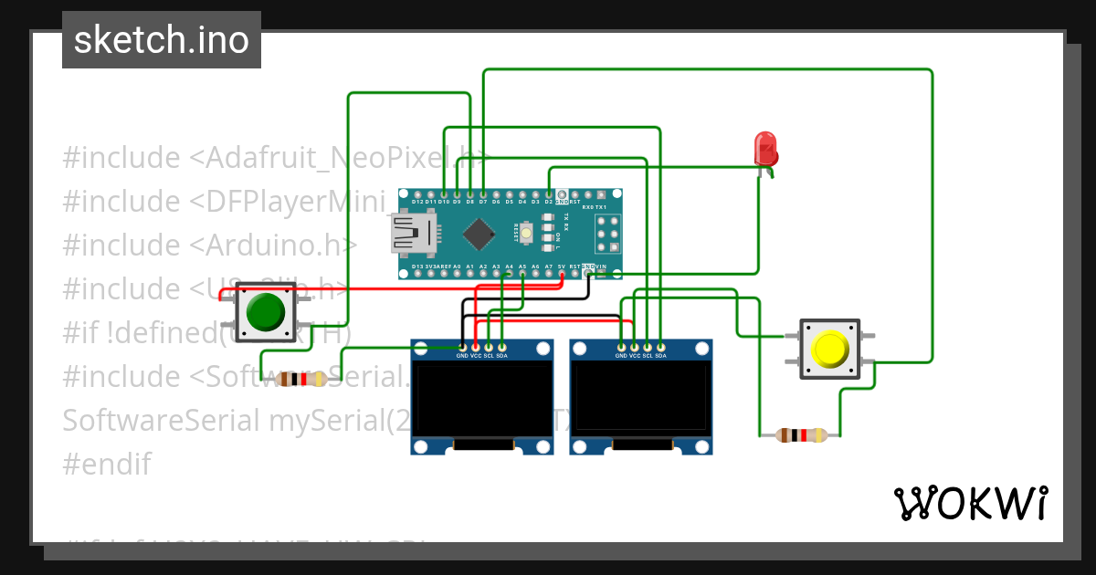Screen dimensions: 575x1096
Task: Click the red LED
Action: tap(764, 149)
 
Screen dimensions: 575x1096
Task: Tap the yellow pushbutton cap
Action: tap(830, 349)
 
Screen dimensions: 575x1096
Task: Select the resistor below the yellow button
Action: tap(801, 435)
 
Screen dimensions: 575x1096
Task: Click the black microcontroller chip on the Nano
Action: tap(479, 235)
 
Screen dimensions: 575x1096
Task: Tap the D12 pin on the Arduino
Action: tap(416, 194)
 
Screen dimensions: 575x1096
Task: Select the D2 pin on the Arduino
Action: tap(548, 194)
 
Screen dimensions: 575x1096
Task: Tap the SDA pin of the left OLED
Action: tap(501, 347)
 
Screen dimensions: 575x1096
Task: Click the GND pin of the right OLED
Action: tap(621, 347)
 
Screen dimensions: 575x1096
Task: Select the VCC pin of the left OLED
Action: tap(475, 347)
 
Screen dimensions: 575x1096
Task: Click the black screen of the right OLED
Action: tap(641, 397)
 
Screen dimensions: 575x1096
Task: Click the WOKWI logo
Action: tap(970, 503)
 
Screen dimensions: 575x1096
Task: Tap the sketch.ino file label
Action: tap(162, 40)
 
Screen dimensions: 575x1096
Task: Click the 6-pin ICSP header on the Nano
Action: tap(607, 235)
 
